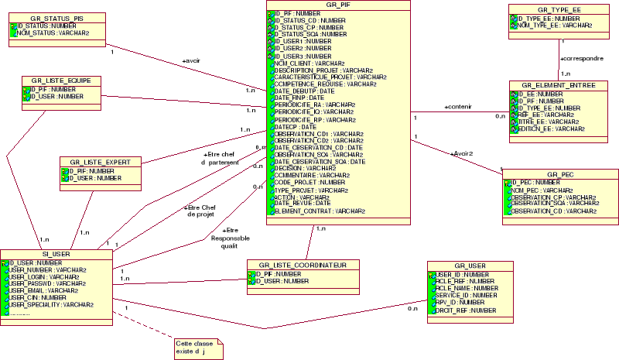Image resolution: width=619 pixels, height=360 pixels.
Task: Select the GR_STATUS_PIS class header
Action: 57,17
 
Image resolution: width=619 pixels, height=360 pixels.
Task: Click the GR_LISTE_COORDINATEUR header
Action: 303,265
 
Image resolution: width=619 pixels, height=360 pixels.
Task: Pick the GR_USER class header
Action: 470,266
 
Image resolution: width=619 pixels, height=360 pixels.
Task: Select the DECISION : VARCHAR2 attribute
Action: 305,168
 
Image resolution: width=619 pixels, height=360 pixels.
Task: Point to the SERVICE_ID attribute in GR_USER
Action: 465,295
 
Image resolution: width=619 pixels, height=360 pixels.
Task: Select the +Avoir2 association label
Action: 461,153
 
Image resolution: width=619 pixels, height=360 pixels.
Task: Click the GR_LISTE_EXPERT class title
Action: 101,162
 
